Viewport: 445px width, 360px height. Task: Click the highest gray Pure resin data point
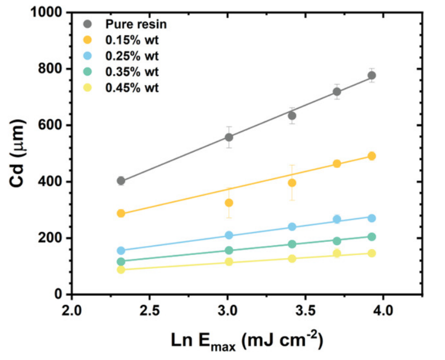[x=372, y=75]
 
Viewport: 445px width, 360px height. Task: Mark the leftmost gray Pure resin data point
[x=121, y=181]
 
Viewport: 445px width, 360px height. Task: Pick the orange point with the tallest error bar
[x=292, y=182]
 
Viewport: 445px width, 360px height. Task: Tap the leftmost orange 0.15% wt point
[x=121, y=213]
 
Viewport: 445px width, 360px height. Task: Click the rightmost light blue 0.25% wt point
[x=372, y=218]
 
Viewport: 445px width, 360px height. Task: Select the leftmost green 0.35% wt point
[x=121, y=262]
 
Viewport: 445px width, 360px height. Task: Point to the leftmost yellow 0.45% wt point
[x=121, y=270]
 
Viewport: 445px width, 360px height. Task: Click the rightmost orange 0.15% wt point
[x=372, y=156]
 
